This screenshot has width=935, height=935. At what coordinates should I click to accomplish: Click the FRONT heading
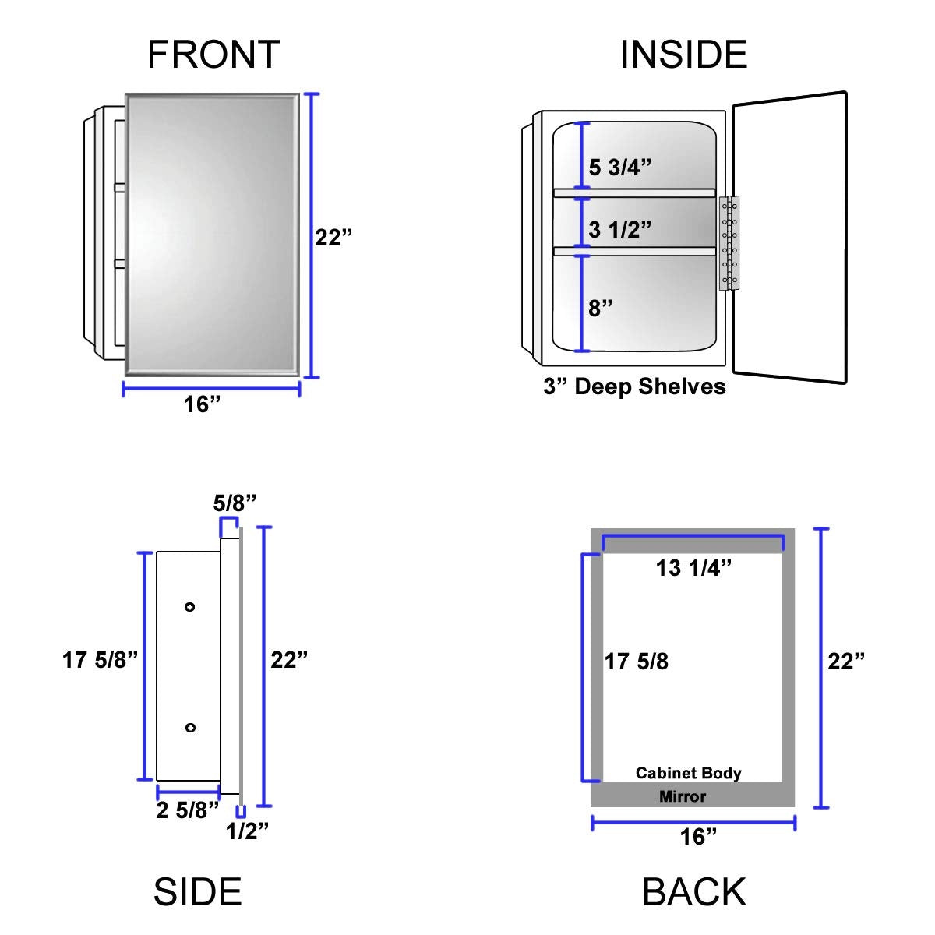213,55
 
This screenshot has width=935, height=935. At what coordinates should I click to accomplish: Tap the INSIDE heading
683,55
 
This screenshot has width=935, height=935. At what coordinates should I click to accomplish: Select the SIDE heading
197,891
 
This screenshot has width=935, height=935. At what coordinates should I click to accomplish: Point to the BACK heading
694,891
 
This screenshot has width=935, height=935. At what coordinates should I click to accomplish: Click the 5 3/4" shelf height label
619,168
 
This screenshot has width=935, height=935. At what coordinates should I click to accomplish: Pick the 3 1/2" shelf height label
619,230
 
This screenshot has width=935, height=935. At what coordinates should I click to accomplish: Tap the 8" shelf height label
601,308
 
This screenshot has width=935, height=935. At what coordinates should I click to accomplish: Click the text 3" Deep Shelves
634,386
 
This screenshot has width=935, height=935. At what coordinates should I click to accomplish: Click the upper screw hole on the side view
189,607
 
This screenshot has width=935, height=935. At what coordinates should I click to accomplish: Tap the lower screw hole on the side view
189,728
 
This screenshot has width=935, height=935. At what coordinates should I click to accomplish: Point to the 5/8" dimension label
235,503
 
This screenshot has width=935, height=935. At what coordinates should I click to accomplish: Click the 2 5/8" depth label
187,810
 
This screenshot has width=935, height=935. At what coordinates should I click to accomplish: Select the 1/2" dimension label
247,831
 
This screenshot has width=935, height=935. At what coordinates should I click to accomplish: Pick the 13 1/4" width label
693,568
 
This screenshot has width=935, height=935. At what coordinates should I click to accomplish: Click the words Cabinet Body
689,773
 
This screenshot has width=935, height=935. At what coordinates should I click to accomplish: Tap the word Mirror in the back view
683,796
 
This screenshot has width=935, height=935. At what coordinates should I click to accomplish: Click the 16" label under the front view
203,405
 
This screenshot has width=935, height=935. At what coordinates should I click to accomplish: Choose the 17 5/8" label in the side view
100,660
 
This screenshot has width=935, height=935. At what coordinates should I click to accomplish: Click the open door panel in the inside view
789,238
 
